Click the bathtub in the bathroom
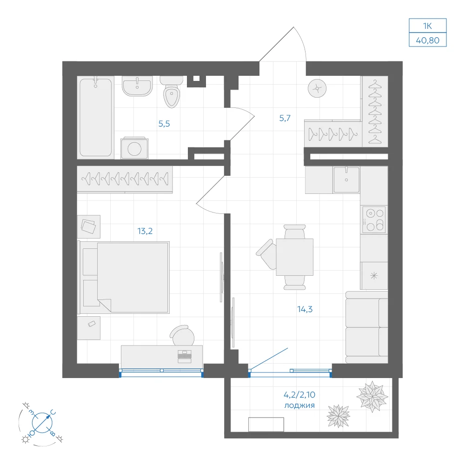[95, 117]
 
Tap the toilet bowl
[172, 92]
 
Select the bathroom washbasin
[137, 86]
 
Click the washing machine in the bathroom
[134, 148]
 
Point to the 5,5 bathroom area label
[164, 124]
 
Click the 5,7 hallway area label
[285, 118]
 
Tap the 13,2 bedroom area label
[145, 231]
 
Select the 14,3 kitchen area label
[305, 309]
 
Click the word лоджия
[299, 405]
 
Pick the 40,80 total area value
[428, 40]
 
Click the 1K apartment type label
[427, 26]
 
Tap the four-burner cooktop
[374, 220]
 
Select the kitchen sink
[346, 179]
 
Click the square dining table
[294, 257]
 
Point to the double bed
[124, 277]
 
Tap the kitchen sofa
[367, 327]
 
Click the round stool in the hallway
[317, 88]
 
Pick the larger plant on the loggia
[372, 397]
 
